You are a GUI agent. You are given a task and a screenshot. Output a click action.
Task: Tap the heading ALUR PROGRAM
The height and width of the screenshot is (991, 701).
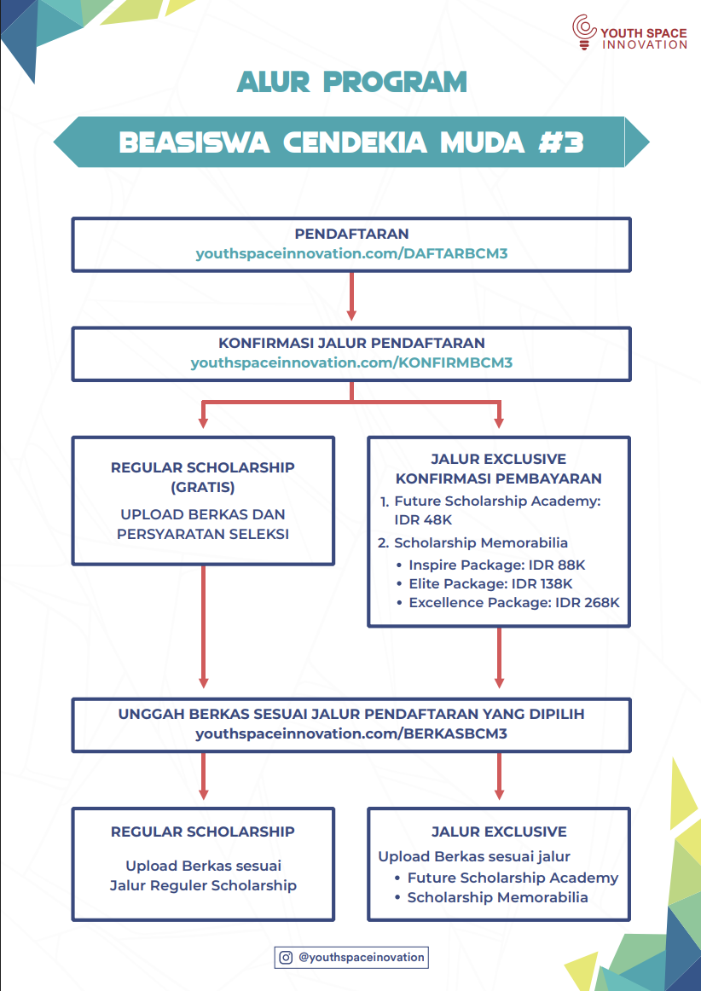(x=352, y=82)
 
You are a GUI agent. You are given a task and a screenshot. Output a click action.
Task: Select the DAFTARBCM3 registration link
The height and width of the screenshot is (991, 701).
(x=352, y=254)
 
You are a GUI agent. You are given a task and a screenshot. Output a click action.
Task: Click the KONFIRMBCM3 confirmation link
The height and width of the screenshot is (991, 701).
(x=351, y=363)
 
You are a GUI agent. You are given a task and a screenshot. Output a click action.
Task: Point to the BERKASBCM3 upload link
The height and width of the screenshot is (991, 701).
(x=351, y=734)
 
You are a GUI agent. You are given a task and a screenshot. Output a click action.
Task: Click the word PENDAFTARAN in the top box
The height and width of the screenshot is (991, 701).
(x=351, y=234)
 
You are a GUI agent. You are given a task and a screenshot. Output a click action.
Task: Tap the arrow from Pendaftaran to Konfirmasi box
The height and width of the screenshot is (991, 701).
(x=351, y=297)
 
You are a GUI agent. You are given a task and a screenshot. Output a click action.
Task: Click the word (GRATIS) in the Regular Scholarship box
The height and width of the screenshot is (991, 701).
(x=202, y=487)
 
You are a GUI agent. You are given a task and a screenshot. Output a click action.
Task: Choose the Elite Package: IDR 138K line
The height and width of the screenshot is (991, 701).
(x=486, y=583)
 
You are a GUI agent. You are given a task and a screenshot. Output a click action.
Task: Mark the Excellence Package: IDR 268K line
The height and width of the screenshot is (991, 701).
(x=508, y=602)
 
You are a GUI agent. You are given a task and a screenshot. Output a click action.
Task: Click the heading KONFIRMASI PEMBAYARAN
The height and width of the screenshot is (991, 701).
(x=499, y=478)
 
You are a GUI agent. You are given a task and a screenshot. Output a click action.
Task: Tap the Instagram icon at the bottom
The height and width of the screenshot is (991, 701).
(x=287, y=958)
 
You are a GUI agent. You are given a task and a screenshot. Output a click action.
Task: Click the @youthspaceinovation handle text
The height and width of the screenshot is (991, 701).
(x=361, y=958)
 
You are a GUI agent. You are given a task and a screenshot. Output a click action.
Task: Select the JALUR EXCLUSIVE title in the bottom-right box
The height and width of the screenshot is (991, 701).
(x=499, y=832)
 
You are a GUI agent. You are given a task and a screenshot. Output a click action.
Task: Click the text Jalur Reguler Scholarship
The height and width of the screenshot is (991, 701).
(x=203, y=885)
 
